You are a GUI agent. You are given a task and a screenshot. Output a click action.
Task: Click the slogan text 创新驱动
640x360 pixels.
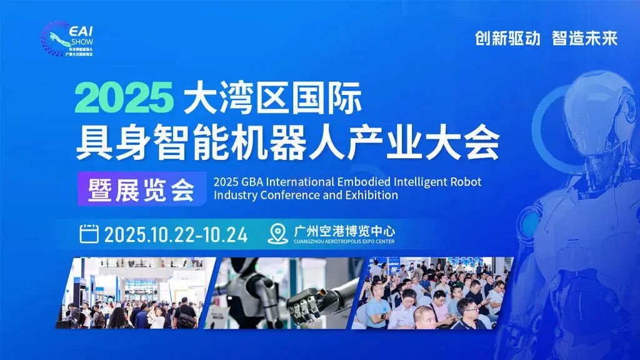(507, 38)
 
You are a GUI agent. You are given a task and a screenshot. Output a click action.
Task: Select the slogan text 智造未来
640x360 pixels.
(584, 38)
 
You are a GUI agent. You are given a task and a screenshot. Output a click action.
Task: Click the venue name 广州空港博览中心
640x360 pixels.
(344, 230)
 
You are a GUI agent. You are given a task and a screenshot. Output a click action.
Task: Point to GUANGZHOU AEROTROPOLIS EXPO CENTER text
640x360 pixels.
(344, 242)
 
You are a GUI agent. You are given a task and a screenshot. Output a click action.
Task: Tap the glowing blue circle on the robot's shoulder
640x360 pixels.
(531, 222)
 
